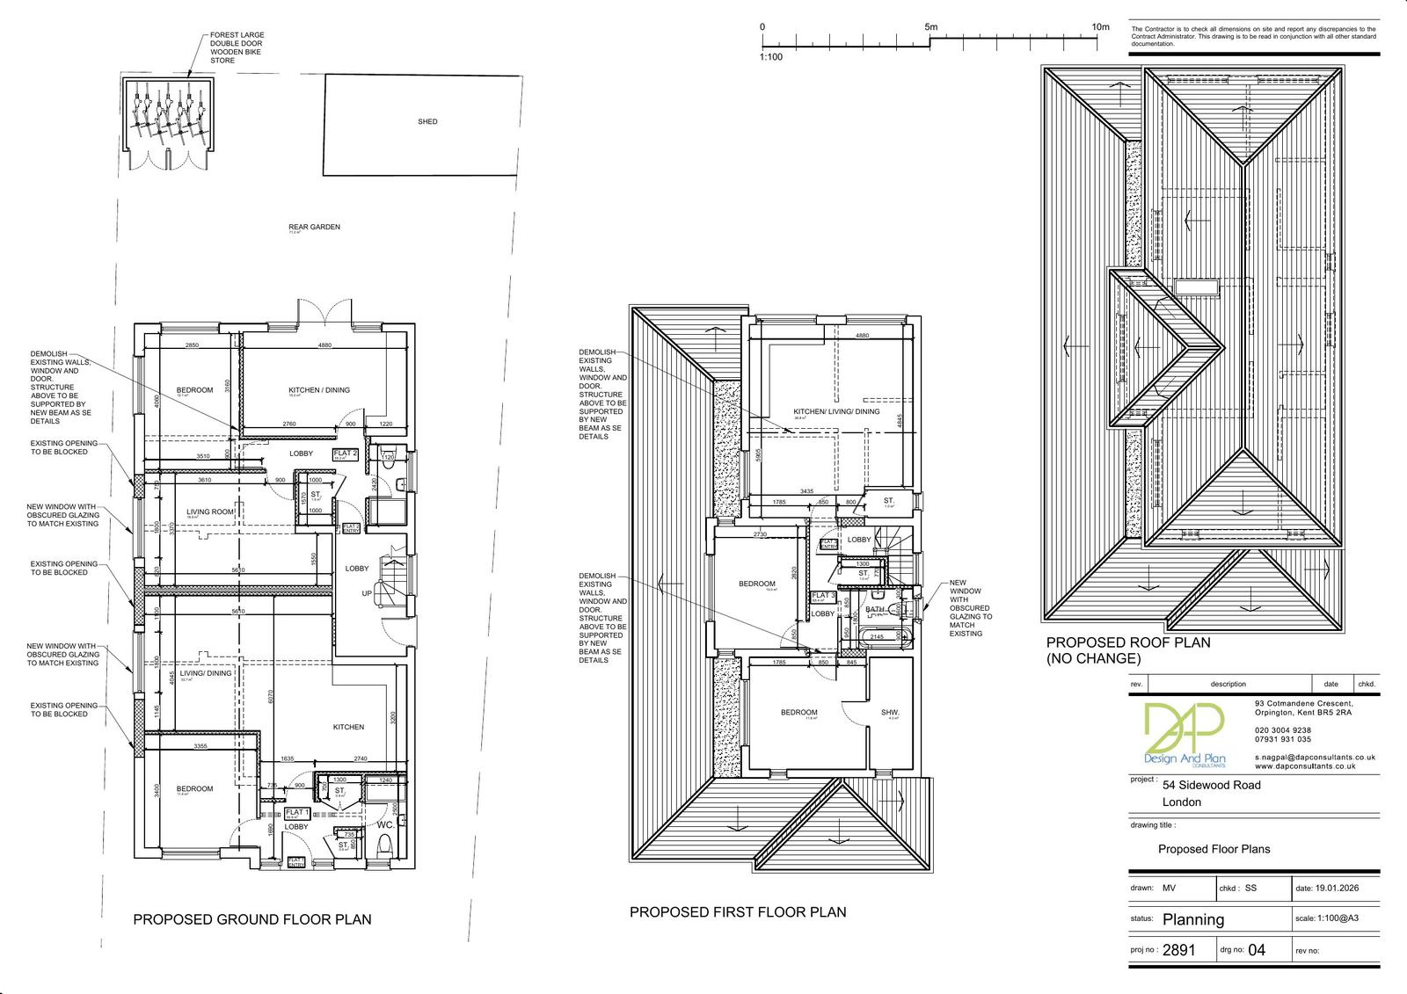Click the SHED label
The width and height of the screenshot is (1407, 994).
coord(427,122)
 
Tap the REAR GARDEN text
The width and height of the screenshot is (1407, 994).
coord(314,227)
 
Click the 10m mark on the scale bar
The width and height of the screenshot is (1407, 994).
coord(1100,27)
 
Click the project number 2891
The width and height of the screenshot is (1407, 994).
coord(1180,950)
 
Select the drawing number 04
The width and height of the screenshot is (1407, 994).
coord(1257,950)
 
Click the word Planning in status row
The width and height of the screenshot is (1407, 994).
coord(1193,919)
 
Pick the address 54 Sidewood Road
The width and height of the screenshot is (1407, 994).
coord(1211,785)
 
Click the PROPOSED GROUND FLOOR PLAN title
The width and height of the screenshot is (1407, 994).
coord(252,919)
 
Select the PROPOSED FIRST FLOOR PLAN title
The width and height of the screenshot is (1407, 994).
coord(737,912)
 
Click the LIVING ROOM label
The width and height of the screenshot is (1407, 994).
coord(210,512)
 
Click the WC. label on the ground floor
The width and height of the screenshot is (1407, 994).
coord(385,826)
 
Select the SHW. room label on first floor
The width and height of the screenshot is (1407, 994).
coord(890,713)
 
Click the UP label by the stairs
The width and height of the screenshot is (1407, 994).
coord(367,594)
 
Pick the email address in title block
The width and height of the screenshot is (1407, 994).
coord(1314,757)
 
